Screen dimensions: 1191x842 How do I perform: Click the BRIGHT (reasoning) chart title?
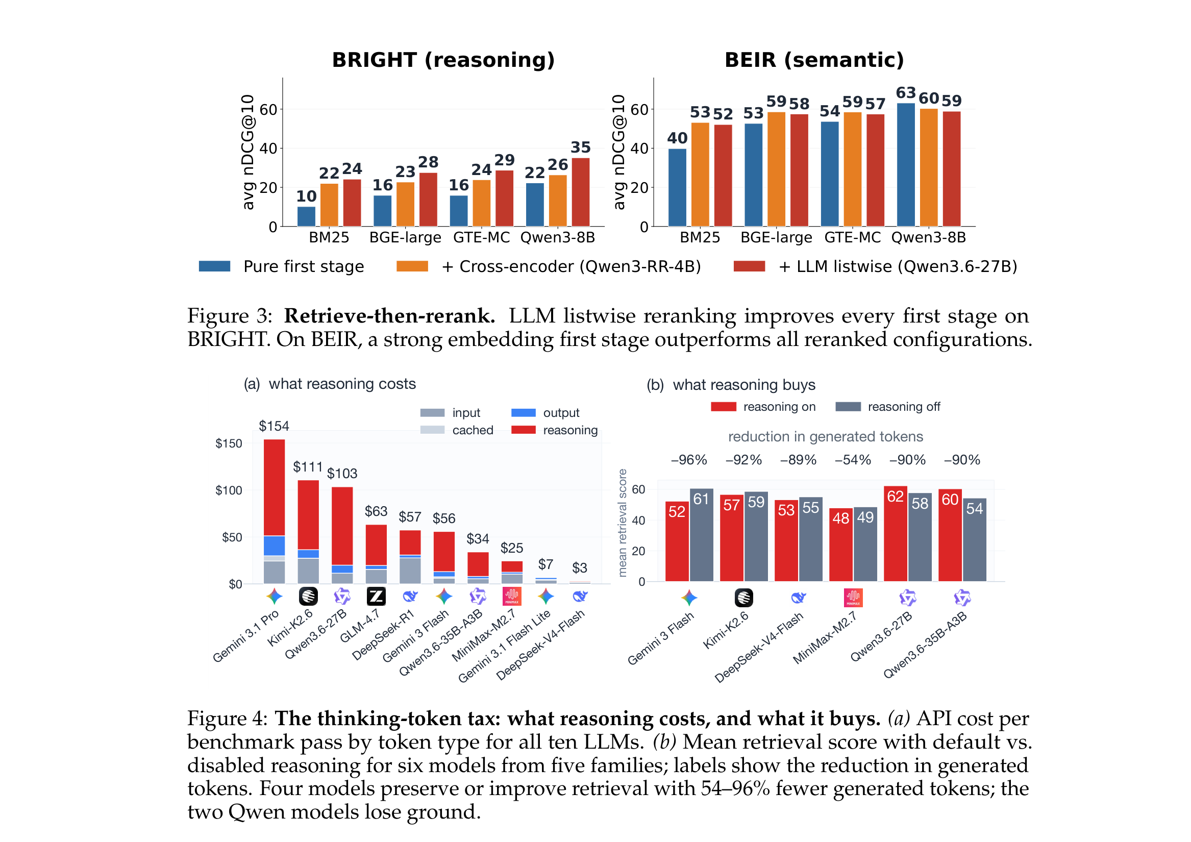443,60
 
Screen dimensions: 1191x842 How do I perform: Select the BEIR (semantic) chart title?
814,60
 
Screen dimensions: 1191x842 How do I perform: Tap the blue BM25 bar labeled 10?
306,216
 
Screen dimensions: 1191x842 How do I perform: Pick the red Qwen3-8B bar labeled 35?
581,192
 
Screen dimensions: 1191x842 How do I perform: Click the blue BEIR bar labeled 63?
906,165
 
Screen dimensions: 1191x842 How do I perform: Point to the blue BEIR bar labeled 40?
677,187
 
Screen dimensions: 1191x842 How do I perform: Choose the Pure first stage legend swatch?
214,266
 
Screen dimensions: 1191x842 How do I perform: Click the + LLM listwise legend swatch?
749,266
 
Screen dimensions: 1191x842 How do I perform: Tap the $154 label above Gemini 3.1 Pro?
274,426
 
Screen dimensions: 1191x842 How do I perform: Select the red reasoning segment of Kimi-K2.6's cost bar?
308,515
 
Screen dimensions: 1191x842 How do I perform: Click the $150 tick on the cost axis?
229,443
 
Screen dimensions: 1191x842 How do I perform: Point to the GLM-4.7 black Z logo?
376,597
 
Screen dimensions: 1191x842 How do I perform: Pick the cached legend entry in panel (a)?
457,430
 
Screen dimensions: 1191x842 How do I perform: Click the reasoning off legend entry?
887,407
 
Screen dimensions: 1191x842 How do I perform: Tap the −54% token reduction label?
853,460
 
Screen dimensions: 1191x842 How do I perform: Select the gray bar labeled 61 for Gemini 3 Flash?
701,535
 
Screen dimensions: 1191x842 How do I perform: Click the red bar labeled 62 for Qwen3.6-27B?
896,534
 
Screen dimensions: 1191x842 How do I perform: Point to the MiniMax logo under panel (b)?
853,598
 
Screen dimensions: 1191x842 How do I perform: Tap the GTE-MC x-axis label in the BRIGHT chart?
481,238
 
